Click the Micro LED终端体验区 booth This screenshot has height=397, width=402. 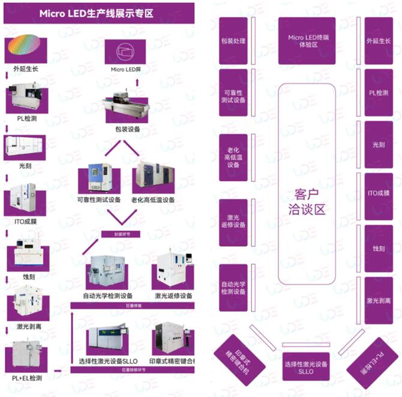pos(307,41)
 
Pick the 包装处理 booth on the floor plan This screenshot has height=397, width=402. pos(233,41)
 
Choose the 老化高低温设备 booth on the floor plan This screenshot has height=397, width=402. pos(233,157)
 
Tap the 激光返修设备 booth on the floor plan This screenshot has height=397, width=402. pos(233,221)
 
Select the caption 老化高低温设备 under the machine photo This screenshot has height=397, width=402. pos(153,200)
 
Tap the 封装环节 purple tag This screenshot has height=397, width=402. pos(118,234)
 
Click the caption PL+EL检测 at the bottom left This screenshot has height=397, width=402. pos(27,378)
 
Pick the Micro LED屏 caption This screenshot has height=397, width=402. pos(126,70)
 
